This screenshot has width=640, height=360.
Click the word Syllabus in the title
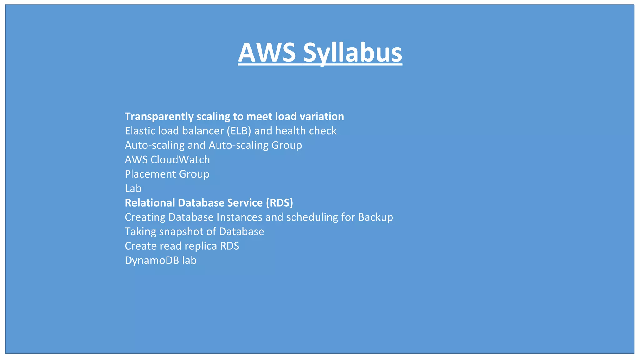(352, 52)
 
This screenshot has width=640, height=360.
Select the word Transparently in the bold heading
(159, 117)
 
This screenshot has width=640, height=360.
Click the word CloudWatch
(180, 160)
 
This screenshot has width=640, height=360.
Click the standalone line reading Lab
(133, 188)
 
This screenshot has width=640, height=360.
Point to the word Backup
(375, 217)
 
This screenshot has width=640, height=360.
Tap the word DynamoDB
(152, 260)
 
